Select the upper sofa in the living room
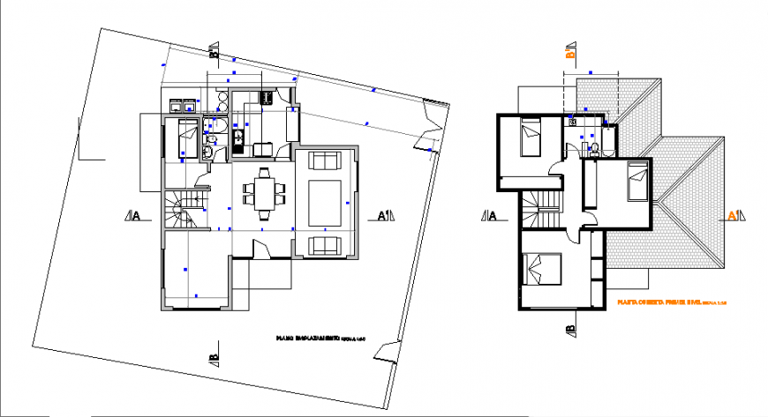point(326,161)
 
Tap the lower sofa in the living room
point(326,244)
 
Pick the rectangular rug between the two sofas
point(326,202)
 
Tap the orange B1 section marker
point(570,53)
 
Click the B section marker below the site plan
point(213,353)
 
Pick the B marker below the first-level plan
point(570,329)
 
